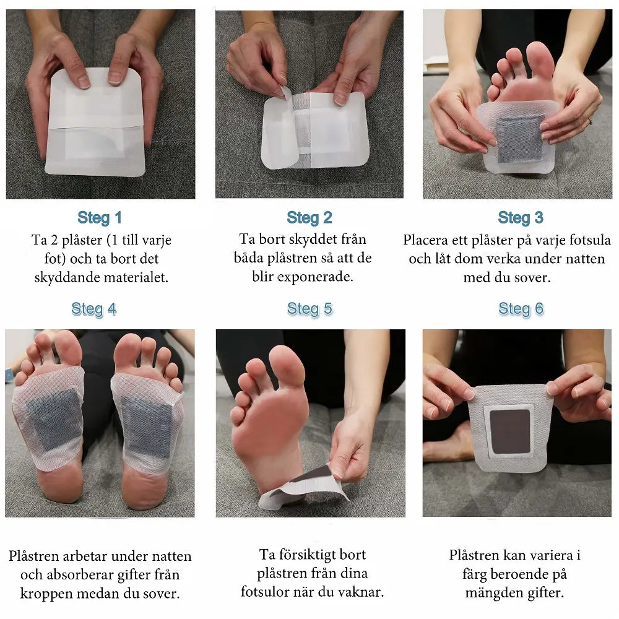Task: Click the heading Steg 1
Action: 100,217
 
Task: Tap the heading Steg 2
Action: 309,217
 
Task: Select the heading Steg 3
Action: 521,217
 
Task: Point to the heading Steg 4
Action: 94,309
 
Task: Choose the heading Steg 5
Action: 309,309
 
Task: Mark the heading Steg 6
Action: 521,309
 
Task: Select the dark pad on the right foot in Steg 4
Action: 147,426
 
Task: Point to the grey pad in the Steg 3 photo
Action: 519,140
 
